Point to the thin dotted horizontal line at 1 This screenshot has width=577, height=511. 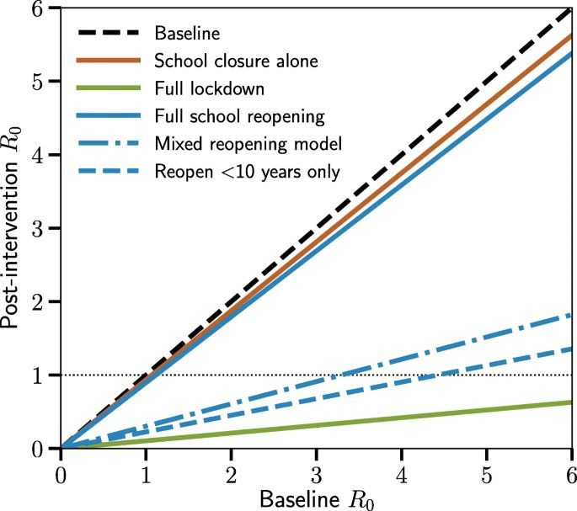click(211, 375)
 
